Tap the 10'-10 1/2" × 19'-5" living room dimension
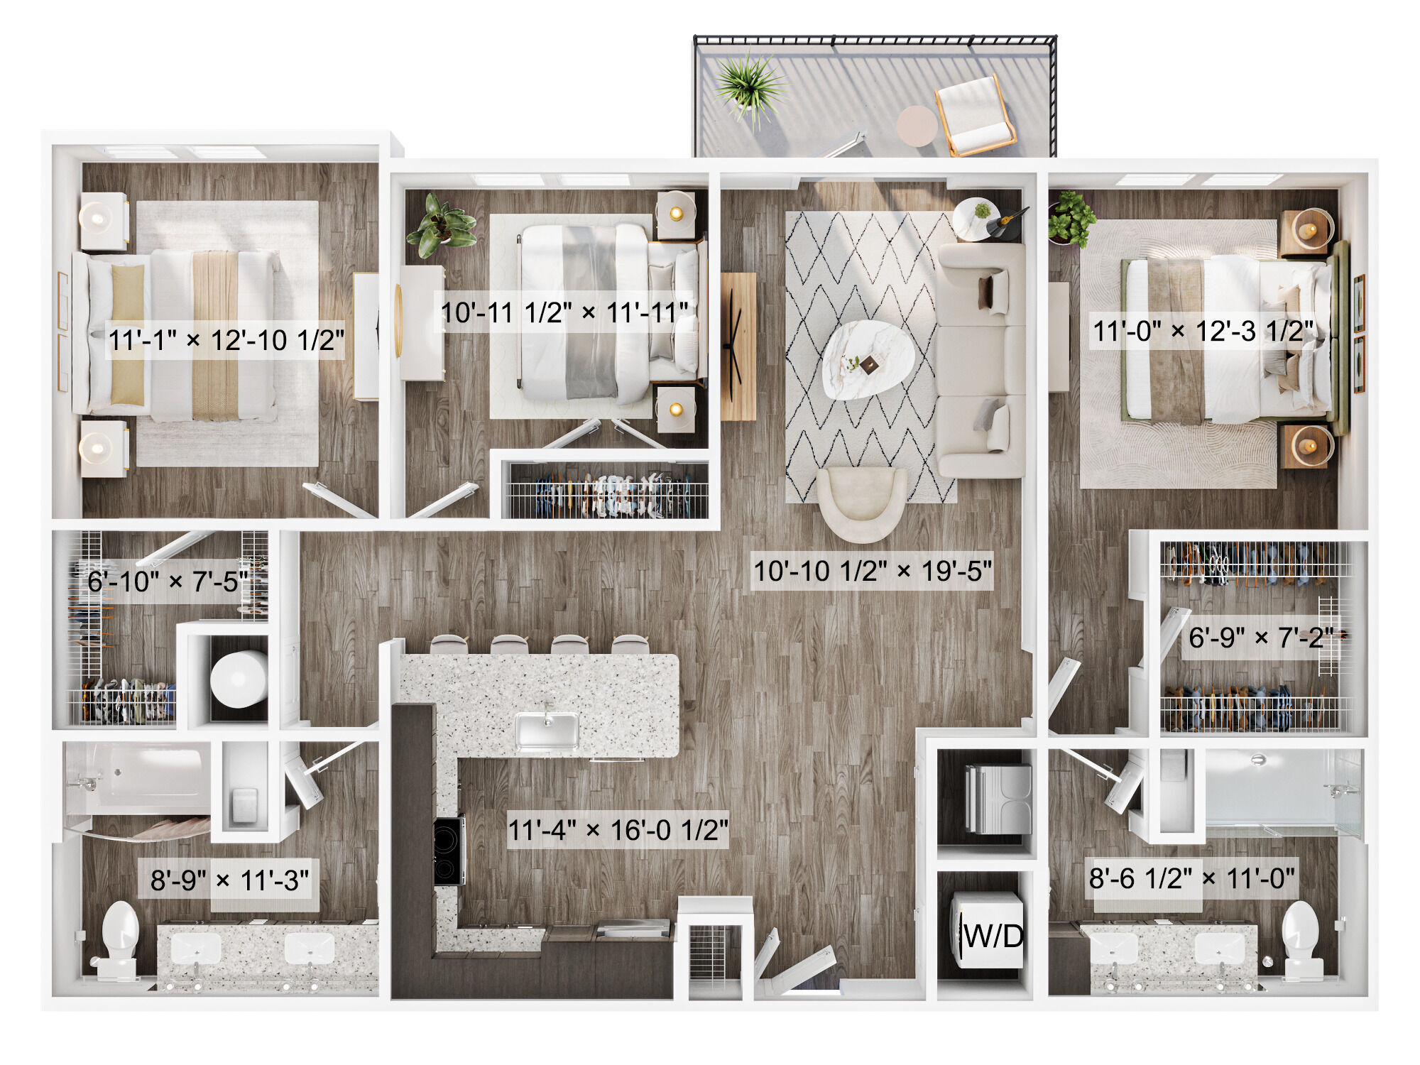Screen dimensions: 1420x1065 click(x=873, y=571)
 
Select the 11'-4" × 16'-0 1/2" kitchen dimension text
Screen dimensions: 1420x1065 click(x=618, y=830)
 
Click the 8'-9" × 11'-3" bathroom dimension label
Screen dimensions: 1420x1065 click(x=230, y=880)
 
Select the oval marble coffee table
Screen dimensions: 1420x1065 click(x=868, y=359)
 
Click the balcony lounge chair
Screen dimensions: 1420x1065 click(x=975, y=115)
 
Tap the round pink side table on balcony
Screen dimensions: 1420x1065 click(x=917, y=126)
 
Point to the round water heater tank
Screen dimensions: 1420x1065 click(x=239, y=679)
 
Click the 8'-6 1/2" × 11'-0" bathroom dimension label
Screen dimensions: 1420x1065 click(x=1192, y=878)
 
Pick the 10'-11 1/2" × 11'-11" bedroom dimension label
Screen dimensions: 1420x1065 click(x=564, y=312)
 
